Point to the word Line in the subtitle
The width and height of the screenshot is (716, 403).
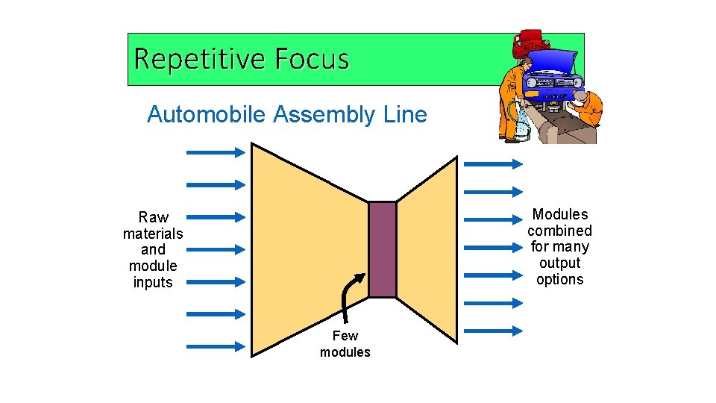(406, 115)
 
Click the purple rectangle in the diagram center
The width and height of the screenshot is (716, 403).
(383, 249)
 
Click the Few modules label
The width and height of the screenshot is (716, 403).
(345, 344)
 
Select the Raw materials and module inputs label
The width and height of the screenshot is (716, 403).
(153, 249)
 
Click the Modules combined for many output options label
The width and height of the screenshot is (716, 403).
(559, 247)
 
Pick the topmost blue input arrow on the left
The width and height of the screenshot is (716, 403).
(215, 152)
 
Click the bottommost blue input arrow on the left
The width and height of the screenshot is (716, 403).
(215, 346)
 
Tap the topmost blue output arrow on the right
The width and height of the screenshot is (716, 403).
(493, 163)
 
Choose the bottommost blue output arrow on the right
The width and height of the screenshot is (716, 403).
(493, 329)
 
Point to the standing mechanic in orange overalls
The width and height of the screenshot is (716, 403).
(514, 97)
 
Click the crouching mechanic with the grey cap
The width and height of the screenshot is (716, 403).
(588, 108)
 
